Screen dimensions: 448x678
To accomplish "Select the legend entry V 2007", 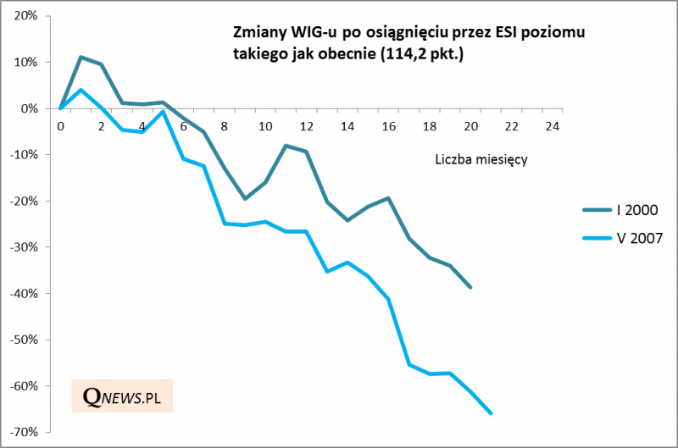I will (x=627, y=240).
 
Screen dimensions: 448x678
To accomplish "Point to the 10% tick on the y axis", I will (x=26, y=63).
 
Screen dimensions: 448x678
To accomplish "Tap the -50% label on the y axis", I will (x=24, y=340).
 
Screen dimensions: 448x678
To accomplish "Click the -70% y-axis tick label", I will (x=24, y=432).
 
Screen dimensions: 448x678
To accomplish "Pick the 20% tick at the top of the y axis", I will (x=26, y=16).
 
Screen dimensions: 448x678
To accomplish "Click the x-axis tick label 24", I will (x=553, y=126).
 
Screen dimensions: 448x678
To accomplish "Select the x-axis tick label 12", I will (x=307, y=126).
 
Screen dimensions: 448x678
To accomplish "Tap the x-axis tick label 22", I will (x=512, y=126).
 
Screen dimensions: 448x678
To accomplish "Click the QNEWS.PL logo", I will (x=122, y=395).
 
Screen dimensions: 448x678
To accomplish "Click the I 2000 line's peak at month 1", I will (x=81, y=57).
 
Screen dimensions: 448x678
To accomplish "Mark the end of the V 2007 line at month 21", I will (x=492, y=413).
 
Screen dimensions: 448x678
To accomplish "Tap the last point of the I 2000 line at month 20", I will (x=471, y=288).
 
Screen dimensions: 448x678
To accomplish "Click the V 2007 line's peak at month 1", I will (x=81, y=90).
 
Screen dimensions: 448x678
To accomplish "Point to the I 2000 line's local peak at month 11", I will (x=286, y=146).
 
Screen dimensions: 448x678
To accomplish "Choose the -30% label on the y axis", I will (x=24, y=247).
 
